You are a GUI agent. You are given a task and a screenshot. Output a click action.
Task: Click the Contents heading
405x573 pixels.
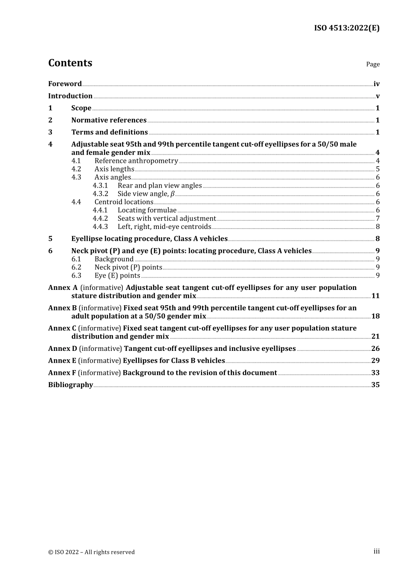[x=70, y=63]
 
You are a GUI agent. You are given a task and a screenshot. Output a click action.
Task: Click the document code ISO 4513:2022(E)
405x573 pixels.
[x=347, y=28]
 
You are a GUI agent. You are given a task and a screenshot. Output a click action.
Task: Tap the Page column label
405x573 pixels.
[x=373, y=64]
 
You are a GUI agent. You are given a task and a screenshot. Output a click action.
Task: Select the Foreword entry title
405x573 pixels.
[x=65, y=84]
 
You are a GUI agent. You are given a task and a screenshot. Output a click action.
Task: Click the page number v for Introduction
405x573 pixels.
[x=377, y=96]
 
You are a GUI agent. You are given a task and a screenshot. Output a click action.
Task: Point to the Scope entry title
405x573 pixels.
[x=81, y=108]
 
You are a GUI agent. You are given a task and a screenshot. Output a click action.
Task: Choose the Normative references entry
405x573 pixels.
[x=109, y=120]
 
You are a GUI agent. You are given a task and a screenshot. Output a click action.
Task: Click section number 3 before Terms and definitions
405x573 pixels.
[x=50, y=132]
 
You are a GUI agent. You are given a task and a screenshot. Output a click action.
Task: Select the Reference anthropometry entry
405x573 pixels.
[x=136, y=161]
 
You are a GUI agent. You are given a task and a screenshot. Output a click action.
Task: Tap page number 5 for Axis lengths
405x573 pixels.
[x=377, y=169]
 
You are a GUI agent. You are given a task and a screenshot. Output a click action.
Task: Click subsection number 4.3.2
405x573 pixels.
[x=100, y=194]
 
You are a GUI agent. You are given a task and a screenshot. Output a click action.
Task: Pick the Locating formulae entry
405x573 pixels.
[x=147, y=210]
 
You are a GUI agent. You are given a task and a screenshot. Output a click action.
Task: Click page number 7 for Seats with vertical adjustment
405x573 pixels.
[x=377, y=219]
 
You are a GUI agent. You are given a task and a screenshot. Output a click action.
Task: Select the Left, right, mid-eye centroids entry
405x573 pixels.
[x=164, y=227]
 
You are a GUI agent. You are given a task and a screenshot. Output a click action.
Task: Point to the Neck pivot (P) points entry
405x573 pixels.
[x=128, y=267]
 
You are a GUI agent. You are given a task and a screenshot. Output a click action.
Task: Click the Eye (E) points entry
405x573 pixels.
[x=117, y=275]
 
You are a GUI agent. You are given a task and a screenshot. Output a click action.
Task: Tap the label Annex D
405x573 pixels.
[x=62, y=349]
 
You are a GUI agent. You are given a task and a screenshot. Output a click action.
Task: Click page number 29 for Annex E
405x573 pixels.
[x=375, y=361]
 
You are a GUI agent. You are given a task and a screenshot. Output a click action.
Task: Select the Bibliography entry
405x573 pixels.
[x=70, y=385]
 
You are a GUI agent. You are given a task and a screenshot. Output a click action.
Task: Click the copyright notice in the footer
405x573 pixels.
[x=91, y=552]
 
